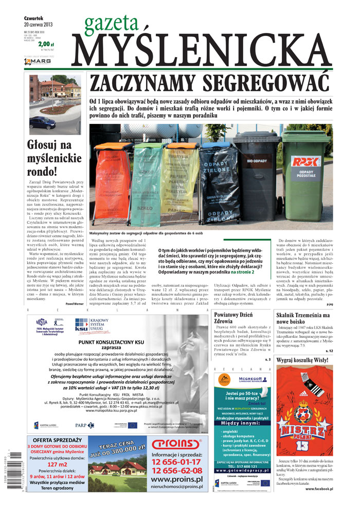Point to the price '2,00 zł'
coord(45,45)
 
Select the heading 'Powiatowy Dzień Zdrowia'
coord(234,318)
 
